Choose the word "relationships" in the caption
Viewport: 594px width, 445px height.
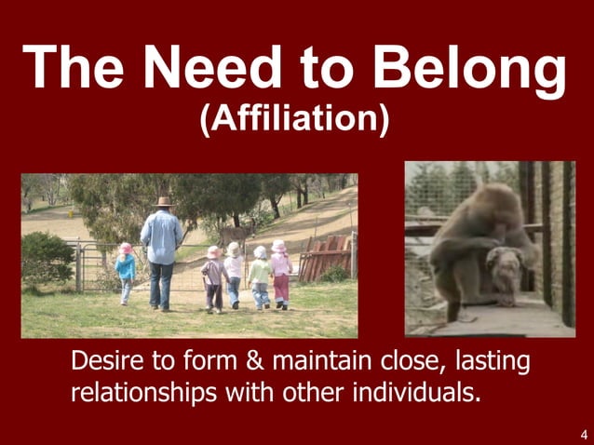(143, 392)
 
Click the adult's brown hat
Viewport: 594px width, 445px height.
(165, 201)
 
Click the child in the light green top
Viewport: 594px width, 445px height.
(260, 276)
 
